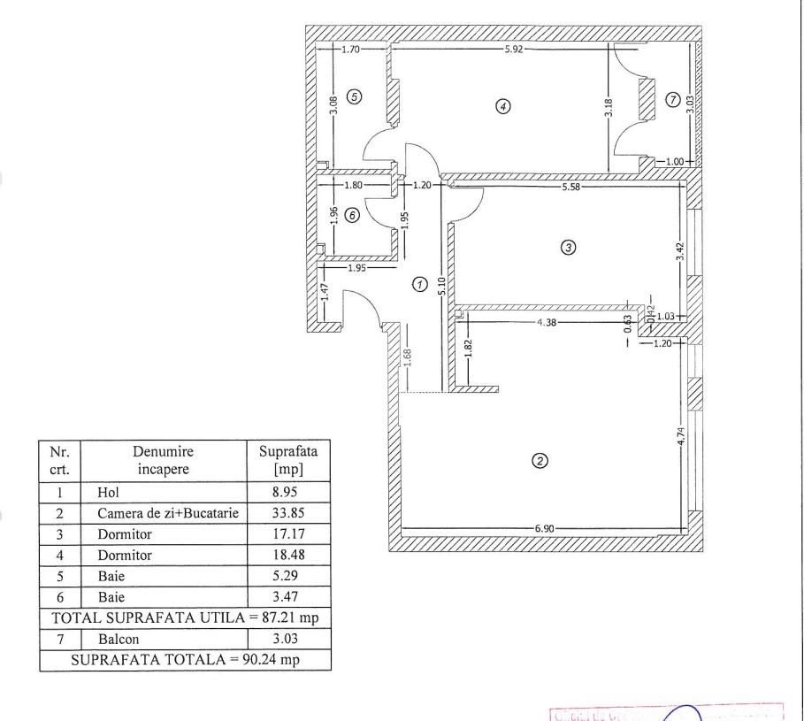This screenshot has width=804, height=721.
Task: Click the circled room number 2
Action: point(540,460)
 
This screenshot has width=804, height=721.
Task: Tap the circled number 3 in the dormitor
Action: point(569,247)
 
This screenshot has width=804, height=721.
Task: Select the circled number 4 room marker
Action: point(502,106)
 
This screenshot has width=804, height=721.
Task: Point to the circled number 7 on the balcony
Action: point(674,99)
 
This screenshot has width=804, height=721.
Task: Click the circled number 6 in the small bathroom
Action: point(351,215)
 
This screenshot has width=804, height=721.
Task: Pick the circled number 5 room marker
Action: point(354,96)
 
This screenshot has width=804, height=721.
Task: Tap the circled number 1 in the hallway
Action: point(420,284)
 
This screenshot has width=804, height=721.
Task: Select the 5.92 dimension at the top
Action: point(514,50)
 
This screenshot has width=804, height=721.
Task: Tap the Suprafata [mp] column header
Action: point(287,459)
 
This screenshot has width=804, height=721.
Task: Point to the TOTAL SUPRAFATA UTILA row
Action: point(185,617)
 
